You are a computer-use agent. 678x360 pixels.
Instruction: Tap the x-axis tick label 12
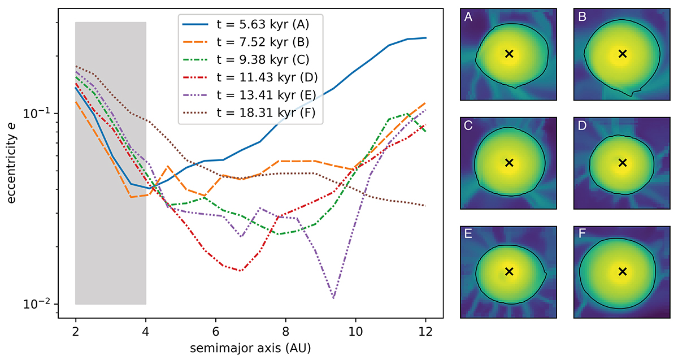425,331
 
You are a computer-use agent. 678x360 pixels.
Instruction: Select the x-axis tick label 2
76,331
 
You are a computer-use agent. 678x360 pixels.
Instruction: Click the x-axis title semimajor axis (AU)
251,348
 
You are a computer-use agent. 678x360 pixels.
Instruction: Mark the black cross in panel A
509,54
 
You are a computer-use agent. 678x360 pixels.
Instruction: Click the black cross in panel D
623,163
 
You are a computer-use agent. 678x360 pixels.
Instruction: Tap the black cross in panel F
623,271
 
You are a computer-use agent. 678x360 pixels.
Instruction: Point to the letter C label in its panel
468,126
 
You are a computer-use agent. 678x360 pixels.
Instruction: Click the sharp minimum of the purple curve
334,298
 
